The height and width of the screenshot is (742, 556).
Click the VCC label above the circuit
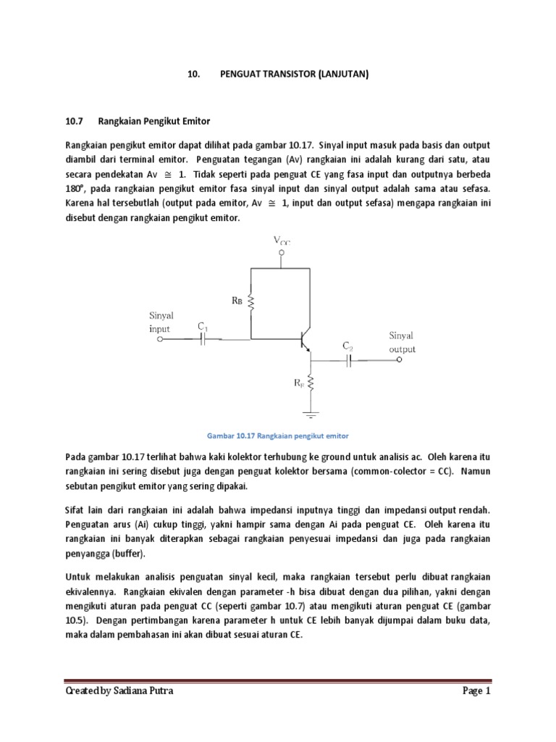click(282, 240)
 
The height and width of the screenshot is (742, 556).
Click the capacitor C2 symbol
click(348, 360)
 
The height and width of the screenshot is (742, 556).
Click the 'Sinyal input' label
click(161, 322)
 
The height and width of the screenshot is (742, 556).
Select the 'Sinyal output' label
click(402, 342)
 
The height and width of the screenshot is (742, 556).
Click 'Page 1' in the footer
click(477, 691)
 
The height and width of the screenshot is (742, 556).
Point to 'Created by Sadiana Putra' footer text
click(119, 691)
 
